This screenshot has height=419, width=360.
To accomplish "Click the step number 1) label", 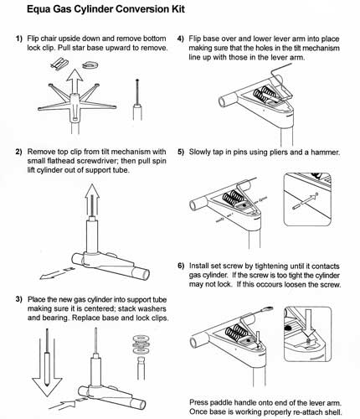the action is (x=18, y=39).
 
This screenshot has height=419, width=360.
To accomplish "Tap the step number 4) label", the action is (x=181, y=39).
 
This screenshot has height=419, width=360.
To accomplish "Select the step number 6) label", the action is (x=181, y=266).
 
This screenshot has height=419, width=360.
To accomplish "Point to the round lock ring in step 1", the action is (x=90, y=65).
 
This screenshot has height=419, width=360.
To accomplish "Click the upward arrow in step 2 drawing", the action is (x=92, y=199).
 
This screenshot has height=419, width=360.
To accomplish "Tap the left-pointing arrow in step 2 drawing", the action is (x=57, y=273).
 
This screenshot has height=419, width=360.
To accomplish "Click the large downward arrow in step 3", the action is (x=47, y=363).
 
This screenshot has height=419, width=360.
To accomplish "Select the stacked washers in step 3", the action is (x=141, y=344).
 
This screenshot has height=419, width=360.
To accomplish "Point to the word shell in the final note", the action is (x=332, y=411).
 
